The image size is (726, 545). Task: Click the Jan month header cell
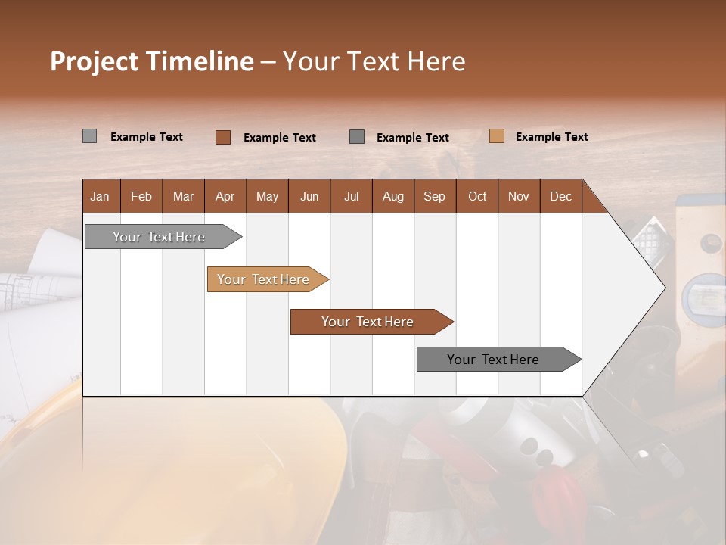pos(101,196)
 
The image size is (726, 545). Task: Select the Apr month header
pos(225,196)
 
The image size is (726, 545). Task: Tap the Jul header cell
pos(351,196)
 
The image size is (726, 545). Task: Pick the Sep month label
pos(434,196)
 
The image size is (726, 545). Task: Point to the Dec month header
pos(560,196)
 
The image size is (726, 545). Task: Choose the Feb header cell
pos(141,196)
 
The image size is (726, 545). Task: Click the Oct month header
pos(477,196)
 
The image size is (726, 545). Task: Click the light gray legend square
pos(89,136)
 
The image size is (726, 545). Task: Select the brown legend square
pos(222,137)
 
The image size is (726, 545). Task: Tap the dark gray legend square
pos(357,136)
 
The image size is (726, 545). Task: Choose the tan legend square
pos(496,136)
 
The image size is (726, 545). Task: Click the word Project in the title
pos(94,61)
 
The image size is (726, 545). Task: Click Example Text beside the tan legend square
pos(551,137)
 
